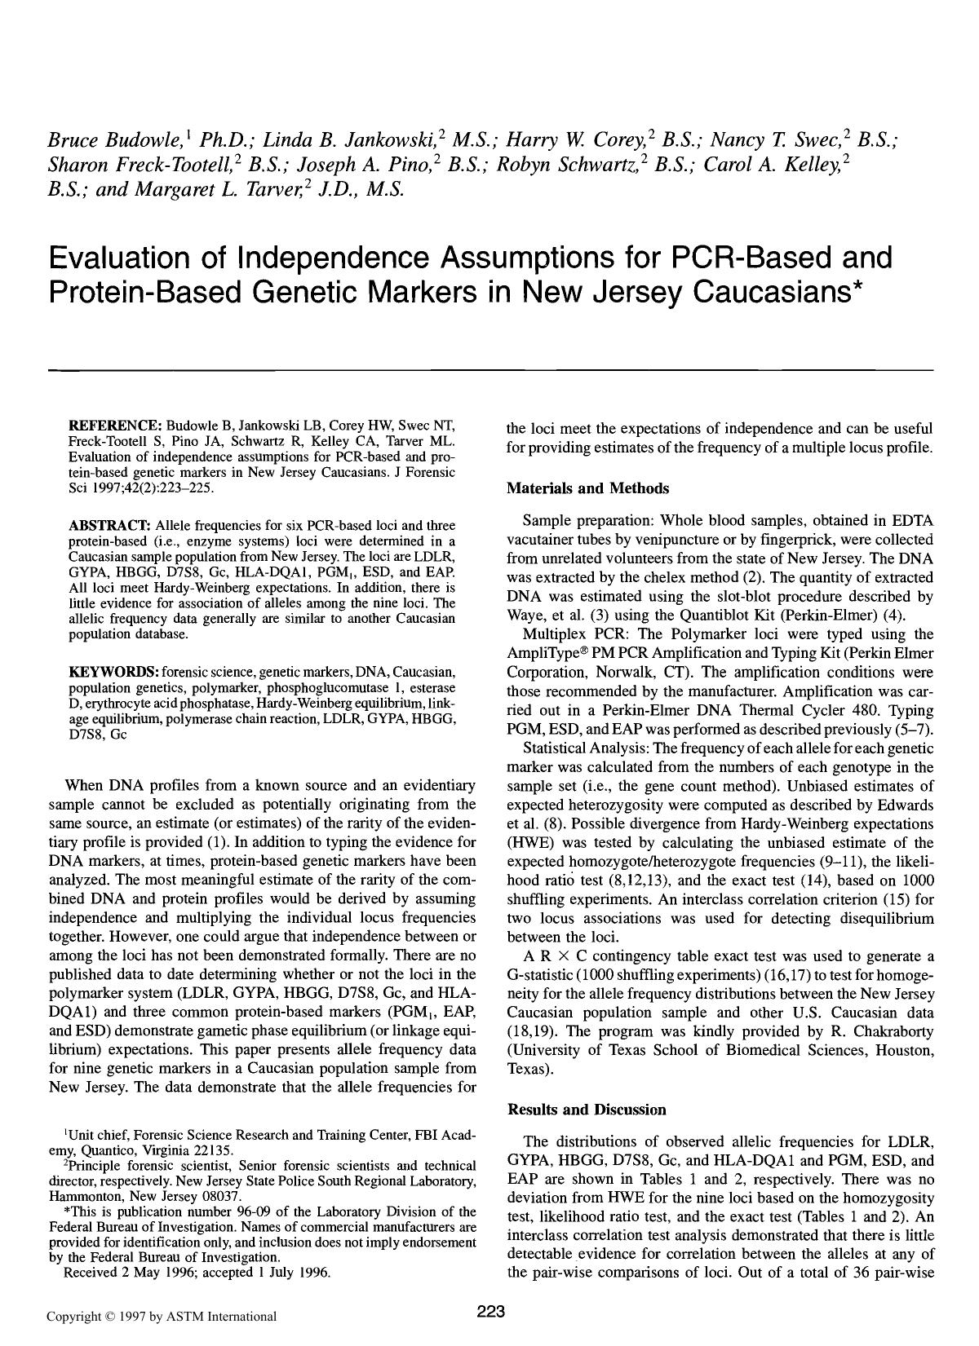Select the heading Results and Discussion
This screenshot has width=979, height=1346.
click(x=587, y=1110)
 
